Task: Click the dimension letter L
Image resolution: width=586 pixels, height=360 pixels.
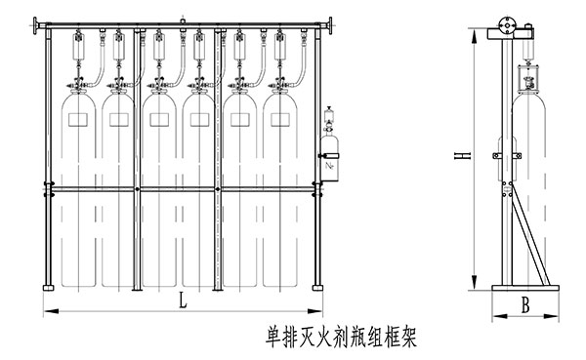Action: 184,302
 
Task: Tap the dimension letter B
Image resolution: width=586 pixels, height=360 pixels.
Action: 525,305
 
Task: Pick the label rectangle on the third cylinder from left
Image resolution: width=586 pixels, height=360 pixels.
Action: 160,119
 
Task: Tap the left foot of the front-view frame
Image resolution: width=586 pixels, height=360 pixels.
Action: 46,287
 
